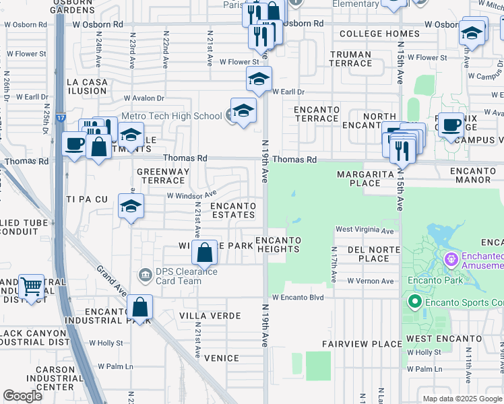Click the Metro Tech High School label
click(x=170, y=116)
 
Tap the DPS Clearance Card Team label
click(x=177, y=276)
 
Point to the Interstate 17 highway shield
click(x=61, y=118)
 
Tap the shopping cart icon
click(x=31, y=287)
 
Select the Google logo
click(x=23, y=396)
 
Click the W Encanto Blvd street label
click(x=298, y=298)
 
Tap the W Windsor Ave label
click(x=191, y=195)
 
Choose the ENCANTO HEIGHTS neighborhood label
click(x=278, y=244)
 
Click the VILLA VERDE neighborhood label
click(x=210, y=316)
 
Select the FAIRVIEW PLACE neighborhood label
click(x=362, y=344)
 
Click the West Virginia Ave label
click(x=365, y=230)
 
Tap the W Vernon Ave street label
click(x=370, y=281)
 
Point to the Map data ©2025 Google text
click(x=462, y=399)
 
